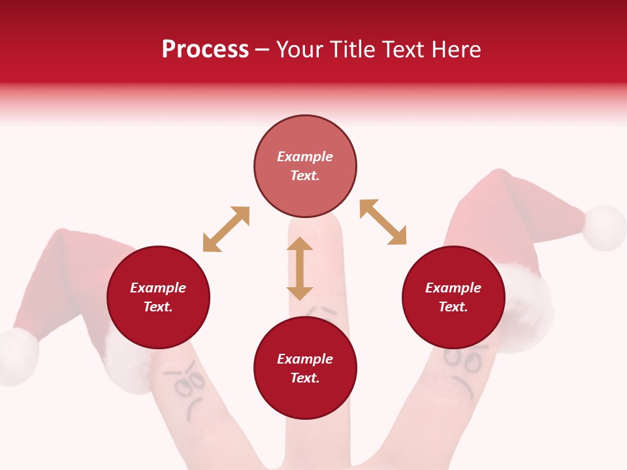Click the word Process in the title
(205, 50)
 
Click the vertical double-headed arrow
(300, 268)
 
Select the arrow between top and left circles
(226, 229)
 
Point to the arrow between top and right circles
(383, 222)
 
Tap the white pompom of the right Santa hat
(604, 228)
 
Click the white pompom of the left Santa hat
(18, 357)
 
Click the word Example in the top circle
(305, 157)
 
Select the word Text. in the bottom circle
(305, 378)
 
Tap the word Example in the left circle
(158, 288)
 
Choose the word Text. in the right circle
(453, 307)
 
